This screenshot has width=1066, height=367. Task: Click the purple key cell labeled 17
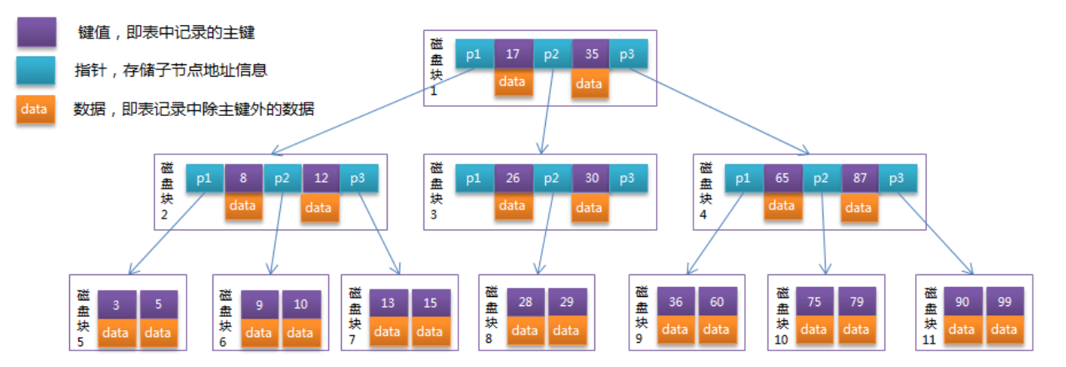513,54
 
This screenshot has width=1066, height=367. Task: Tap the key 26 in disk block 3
513,178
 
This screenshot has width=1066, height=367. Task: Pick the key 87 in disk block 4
858,178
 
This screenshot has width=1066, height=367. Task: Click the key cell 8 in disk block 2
243,178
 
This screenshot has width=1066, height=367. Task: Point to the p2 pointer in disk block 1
552,54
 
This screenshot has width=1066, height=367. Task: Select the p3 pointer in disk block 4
897,178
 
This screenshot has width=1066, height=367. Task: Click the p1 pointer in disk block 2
204,178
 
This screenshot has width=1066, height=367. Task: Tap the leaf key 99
1003,301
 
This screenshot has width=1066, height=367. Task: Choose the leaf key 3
117,304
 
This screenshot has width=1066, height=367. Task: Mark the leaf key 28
525,303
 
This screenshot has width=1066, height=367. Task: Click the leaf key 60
717,302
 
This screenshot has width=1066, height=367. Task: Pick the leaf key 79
856,302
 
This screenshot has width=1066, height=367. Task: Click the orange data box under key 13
388,332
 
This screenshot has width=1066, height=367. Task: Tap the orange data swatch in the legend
36,110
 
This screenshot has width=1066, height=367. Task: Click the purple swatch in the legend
36,33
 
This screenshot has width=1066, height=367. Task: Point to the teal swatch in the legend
36,71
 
